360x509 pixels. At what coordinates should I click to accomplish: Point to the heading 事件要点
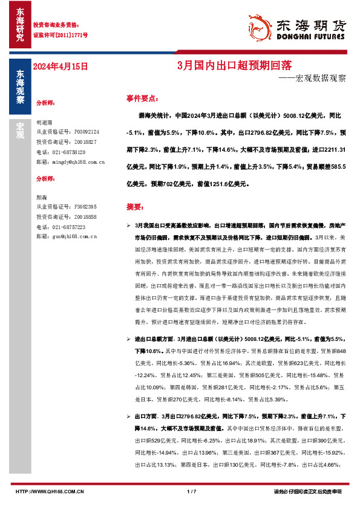pos(142,97)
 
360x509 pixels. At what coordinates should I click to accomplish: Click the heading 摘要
pos(134,206)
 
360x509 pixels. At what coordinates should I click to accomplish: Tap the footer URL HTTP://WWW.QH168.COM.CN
pos(49,492)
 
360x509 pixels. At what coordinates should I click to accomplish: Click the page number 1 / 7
pos(192,492)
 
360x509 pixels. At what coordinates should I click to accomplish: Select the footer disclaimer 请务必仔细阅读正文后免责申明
pos(307,492)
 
